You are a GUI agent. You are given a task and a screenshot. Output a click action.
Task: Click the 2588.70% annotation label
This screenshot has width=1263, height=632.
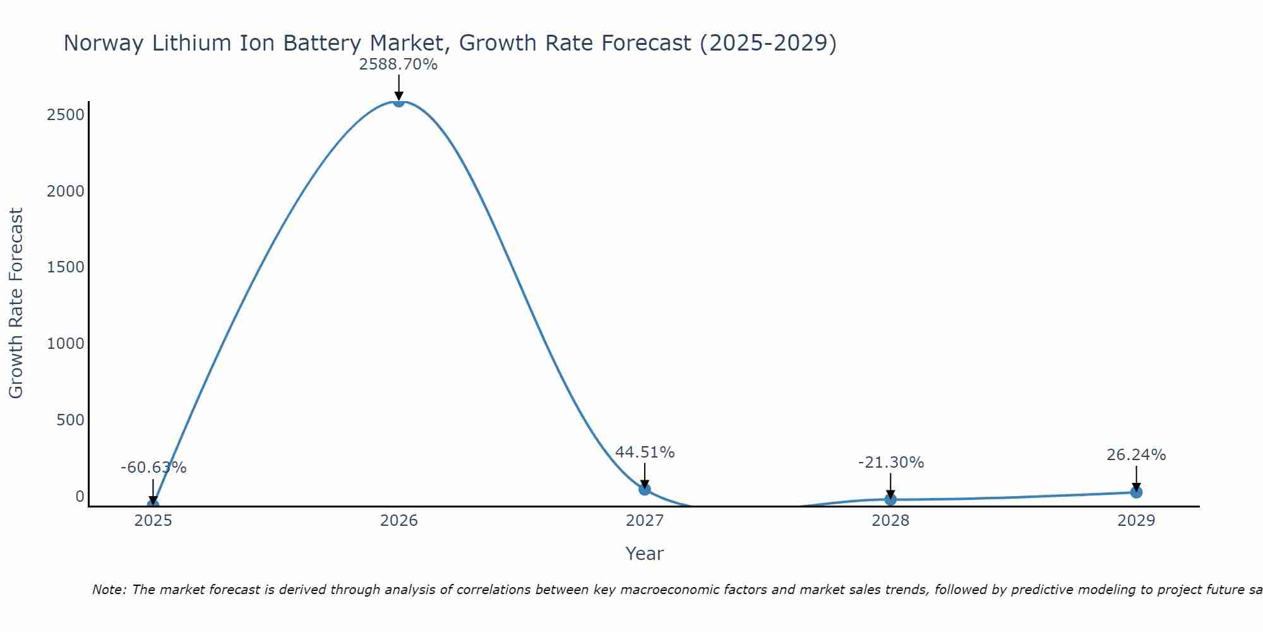pos(398,64)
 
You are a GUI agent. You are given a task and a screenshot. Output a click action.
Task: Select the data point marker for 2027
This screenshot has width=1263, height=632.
pos(644,489)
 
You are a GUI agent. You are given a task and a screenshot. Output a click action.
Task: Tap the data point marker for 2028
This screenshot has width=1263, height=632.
pos(890,499)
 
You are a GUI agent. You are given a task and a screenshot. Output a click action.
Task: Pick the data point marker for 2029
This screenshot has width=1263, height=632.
pos(1136,492)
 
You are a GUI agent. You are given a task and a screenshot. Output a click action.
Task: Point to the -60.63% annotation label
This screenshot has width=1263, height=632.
pos(153,468)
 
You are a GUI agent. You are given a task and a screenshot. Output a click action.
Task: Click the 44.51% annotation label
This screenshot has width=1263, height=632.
pos(645,453)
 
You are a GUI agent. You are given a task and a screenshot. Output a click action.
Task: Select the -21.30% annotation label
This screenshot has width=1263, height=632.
pos(890,463)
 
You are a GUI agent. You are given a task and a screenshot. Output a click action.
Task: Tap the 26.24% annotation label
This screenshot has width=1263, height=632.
pos(1136,455)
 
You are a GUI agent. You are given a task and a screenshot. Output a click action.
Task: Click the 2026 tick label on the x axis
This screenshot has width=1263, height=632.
pos(398,521)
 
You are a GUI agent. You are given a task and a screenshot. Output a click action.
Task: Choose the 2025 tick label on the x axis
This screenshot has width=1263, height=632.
pos(153,521)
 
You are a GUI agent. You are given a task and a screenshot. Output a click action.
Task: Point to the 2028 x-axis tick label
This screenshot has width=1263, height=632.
pos(890,521)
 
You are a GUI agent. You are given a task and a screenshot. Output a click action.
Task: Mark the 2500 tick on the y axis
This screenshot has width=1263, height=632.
pos(66,115)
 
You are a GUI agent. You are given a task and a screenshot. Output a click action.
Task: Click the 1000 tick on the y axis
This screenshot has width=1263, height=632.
pos(66,344)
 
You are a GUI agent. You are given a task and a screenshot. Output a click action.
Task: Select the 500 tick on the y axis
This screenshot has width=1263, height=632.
pos(70,420)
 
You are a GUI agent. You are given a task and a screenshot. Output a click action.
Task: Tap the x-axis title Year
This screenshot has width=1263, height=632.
pos(644,554)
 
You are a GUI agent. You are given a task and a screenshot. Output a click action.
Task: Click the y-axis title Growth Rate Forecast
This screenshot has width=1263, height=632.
pos(16,303)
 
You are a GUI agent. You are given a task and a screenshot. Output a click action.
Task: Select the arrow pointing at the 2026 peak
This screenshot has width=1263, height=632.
pos(398,87)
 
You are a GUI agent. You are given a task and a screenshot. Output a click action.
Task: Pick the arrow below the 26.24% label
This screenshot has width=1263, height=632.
pos(1136,478)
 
